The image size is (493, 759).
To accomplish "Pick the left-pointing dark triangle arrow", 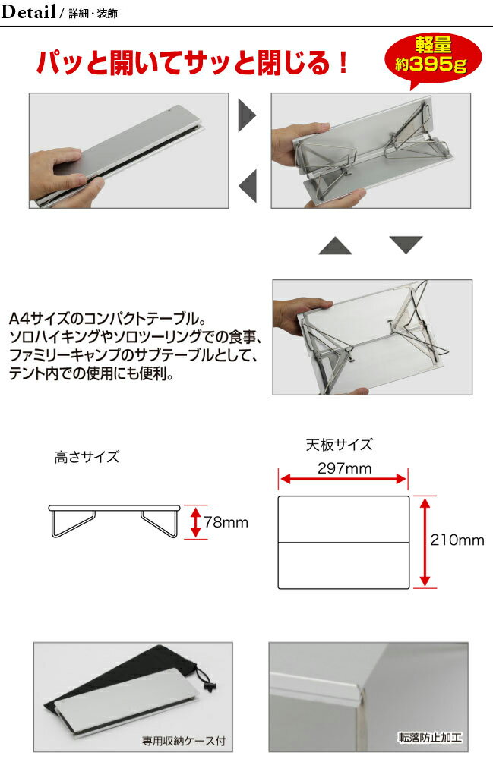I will click(x=248, y=184).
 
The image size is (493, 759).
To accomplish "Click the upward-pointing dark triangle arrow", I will click(x=334, y=245).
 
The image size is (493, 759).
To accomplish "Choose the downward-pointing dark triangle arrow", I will click(x=406, y=244).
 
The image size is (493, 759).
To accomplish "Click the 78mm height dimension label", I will click(x=226, y=522).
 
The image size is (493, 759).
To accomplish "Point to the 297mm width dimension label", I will click(x=344, y=468).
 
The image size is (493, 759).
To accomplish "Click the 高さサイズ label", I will click(x=87, y=457).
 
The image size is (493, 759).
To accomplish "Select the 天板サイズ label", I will click(x=339, y=445).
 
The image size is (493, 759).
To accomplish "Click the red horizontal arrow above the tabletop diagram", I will click(x=344, y=479).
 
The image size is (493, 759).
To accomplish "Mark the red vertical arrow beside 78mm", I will click(x=195, y=522).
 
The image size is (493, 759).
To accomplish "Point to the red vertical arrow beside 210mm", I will click(x=425, y=540).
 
